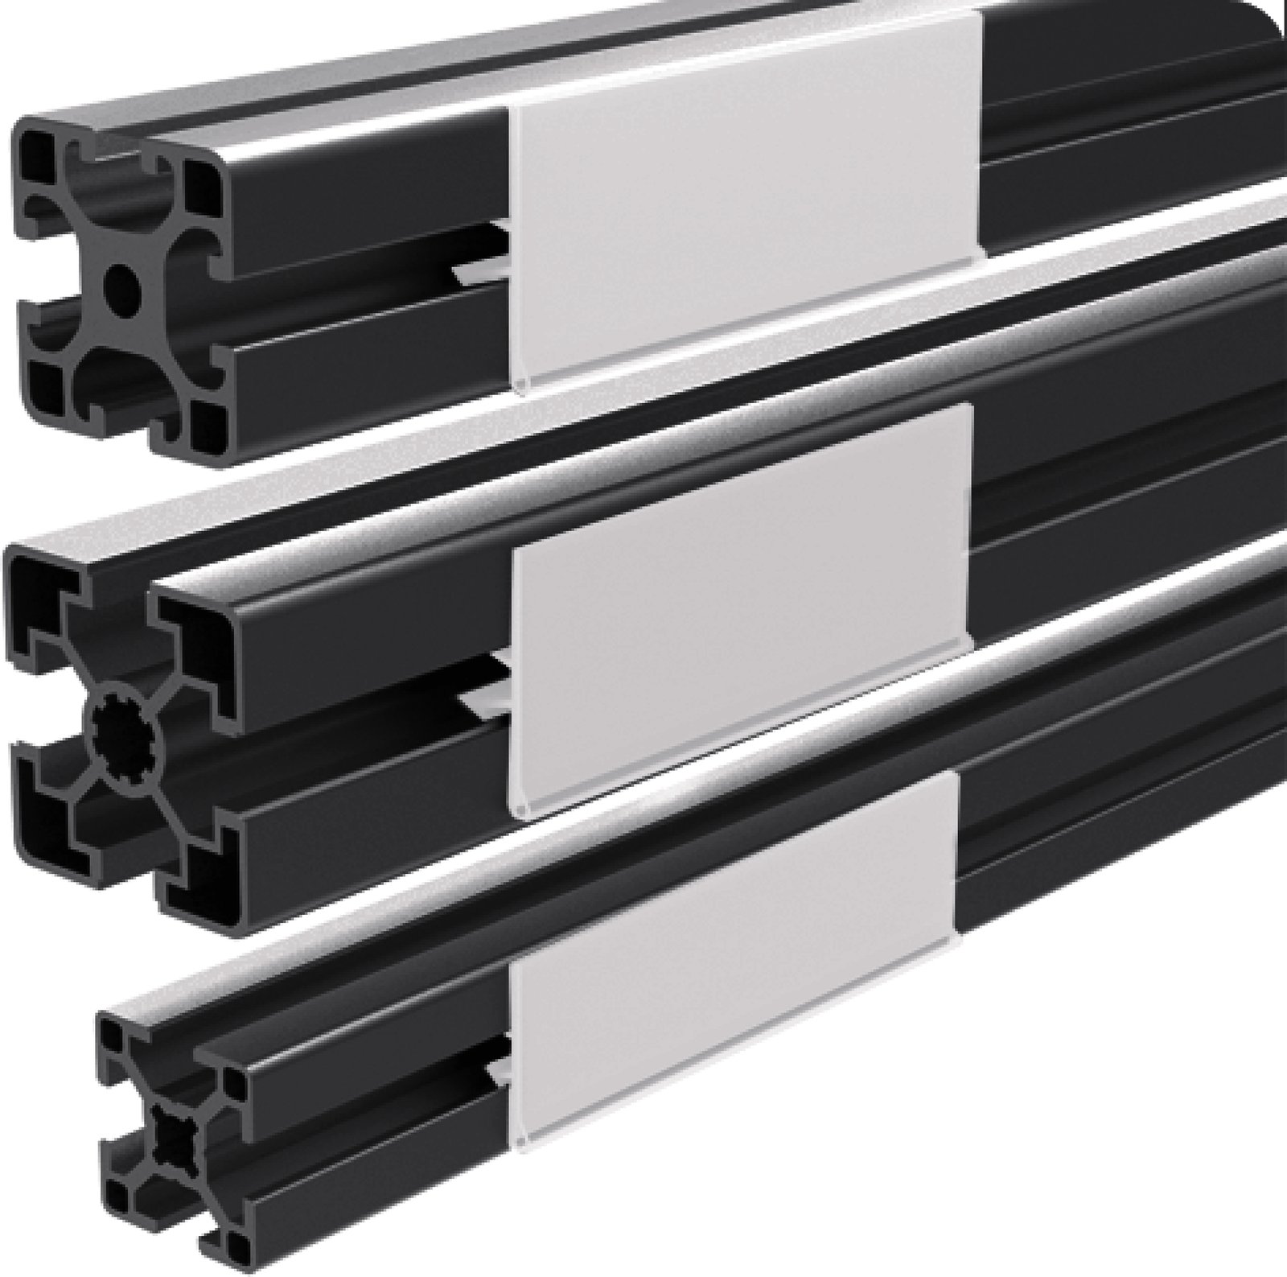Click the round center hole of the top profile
tap(121, 283)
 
